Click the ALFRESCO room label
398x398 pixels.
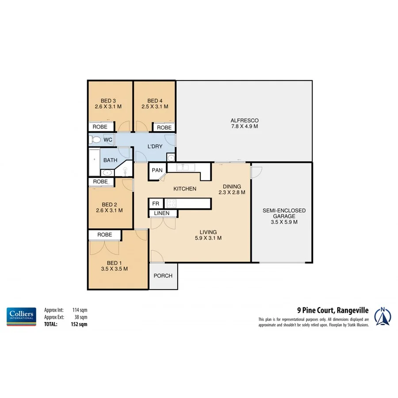click(244, 120)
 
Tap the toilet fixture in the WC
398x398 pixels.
click(95, 140)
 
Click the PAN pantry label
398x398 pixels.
click(157, 170)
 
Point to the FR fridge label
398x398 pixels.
click(155, 203)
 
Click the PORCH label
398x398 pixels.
click(163, 276)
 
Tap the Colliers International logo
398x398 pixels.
click(21, 317)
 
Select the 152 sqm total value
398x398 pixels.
click(80, 324)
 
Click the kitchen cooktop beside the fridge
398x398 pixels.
click(171, 203)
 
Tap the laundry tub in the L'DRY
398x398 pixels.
click(171, 158)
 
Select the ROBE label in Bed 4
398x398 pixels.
click(164, 127)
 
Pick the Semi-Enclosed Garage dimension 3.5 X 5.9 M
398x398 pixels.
click(284, 222)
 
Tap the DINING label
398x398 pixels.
click(232, 186)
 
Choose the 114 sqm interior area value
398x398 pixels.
click(80, 310)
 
